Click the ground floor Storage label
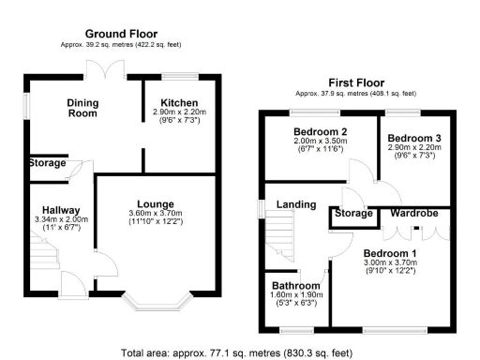(44, 163)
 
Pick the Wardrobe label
(414, 214)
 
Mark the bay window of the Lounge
(157, 302)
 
